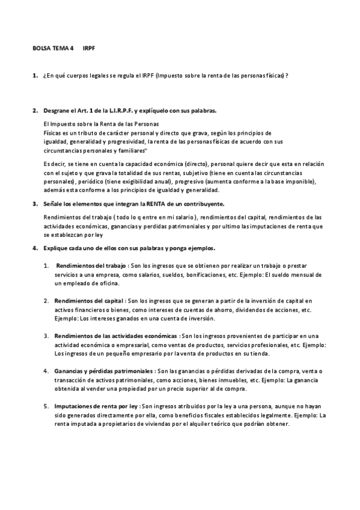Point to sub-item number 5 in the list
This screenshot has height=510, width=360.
pyautogui.click(x=46, y=406)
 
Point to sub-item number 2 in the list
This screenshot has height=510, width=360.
pyautogui.click(x=46, y=300)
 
